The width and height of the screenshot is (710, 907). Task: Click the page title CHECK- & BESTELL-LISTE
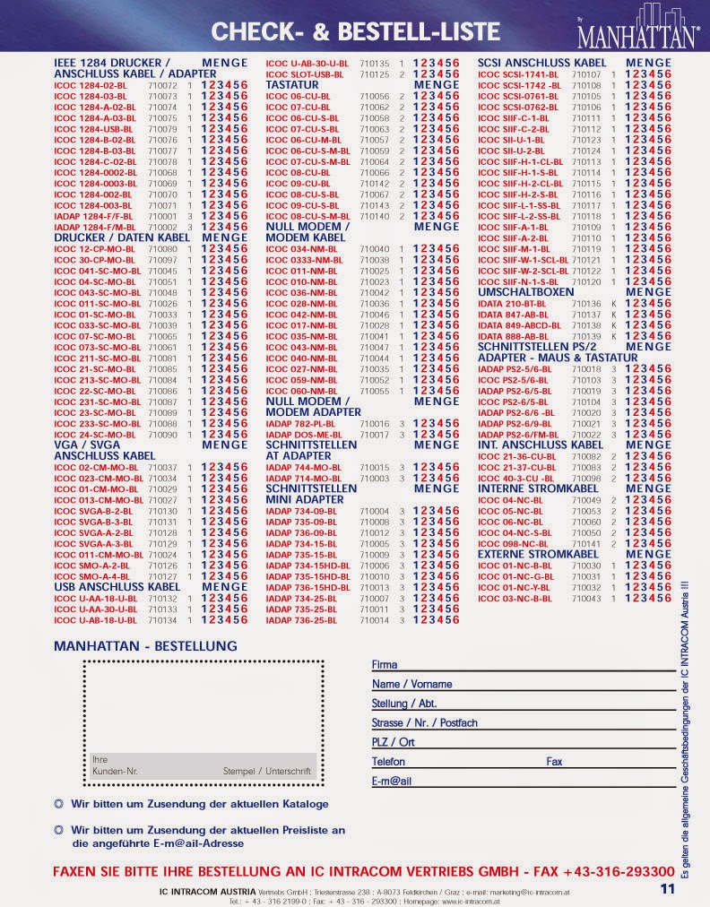point(355,32)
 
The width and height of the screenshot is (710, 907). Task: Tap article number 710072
point(162,85)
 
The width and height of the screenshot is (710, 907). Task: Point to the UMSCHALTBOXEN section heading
point(526,292)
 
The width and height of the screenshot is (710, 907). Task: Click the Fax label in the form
point(554,762)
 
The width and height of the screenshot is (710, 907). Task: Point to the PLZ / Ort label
point(393,742)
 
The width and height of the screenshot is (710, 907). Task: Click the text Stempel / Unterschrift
point(266,771)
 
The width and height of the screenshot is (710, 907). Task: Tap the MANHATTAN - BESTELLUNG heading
point(146,645)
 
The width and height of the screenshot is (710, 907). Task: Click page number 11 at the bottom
point(666,890)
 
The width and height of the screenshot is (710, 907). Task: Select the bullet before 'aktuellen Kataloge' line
point(59,804)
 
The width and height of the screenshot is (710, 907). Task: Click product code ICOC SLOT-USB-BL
point(304,74)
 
